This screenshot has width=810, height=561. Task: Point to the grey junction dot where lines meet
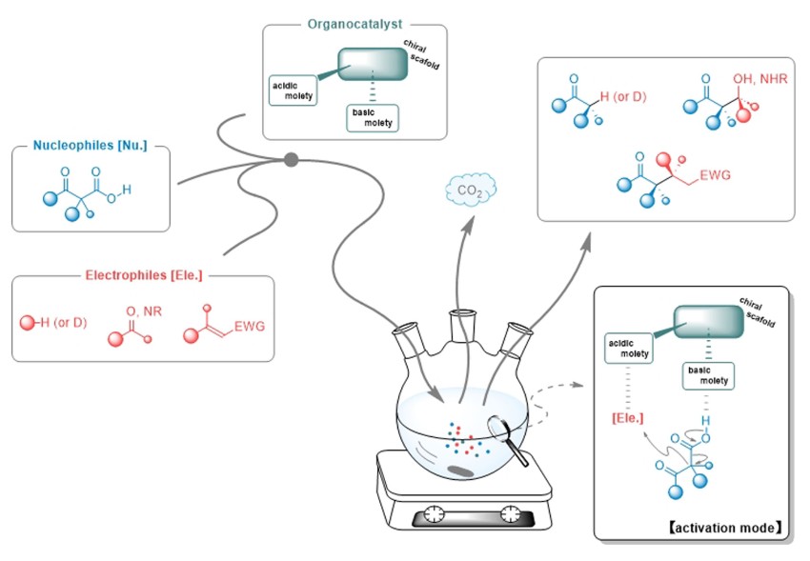click(292, 159)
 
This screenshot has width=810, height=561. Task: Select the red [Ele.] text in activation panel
click(624, 416)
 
